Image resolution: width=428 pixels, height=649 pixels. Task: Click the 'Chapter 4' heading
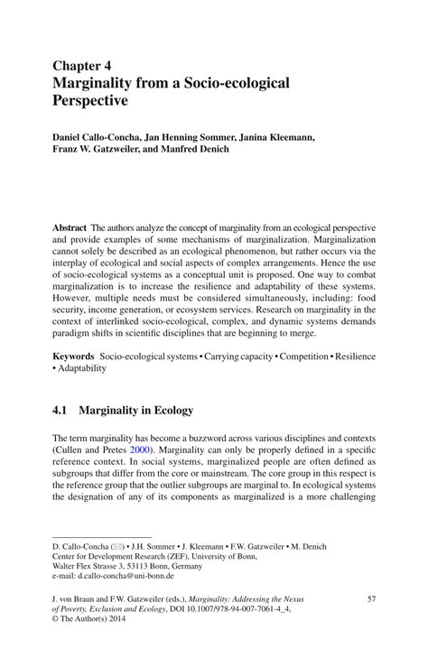point(84,66)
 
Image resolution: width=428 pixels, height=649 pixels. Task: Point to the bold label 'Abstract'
point(70,229)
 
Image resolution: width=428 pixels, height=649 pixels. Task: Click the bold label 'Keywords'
point(73,357)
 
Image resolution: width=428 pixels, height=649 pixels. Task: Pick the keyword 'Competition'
point(304,357)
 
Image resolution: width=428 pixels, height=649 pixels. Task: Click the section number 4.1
point(60,411)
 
